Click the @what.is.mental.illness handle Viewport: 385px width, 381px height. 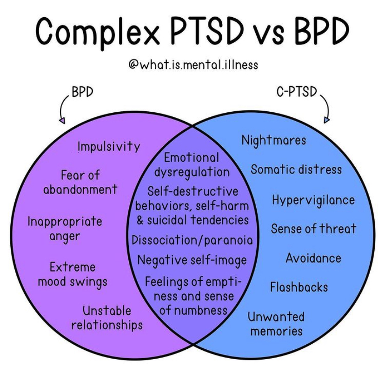pyautogui.click(x=193, y=65)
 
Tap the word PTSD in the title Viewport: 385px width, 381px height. pyautogui.click(x=207, y=31)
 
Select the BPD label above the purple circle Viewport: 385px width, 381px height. pyautogui.click(x=82, y=92)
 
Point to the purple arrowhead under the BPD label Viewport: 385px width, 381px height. pyautogui.click(x=62, y=121)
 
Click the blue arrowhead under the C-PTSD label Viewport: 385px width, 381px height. pyautogui.click(x=326, y=120)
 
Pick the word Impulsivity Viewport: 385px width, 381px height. pyautogui.click(x=109, y=147)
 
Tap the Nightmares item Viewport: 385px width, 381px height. pyautogui.click(x=274, y=141)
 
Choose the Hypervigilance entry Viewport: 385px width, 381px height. pyautogui.click(x=313, y=200)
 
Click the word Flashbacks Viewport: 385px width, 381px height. pyautogui.click(x=299, y=287)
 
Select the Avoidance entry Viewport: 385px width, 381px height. pyautogui.click(x=313, y=258)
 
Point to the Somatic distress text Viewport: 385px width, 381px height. pyautogui.click(x=296, y=170)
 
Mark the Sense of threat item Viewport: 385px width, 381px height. pyautogui.click(x=313, y=229)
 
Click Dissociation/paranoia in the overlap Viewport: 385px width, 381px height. pyautogui.click(x=192, y=240)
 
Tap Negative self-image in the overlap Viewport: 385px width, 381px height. pyautogui.click(x=192, y=260)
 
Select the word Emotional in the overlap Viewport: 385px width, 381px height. pyautogui.click(x=191, y=158)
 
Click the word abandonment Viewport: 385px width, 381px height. pyautogui.click(x=80, y=190)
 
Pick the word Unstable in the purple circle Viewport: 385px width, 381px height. pyautogui.click(x=107, y=311)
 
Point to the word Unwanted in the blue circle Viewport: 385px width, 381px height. pyautogui.click(x=276, y=317)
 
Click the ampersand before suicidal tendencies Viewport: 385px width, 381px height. pyautogui.click(x=140, y=220)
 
